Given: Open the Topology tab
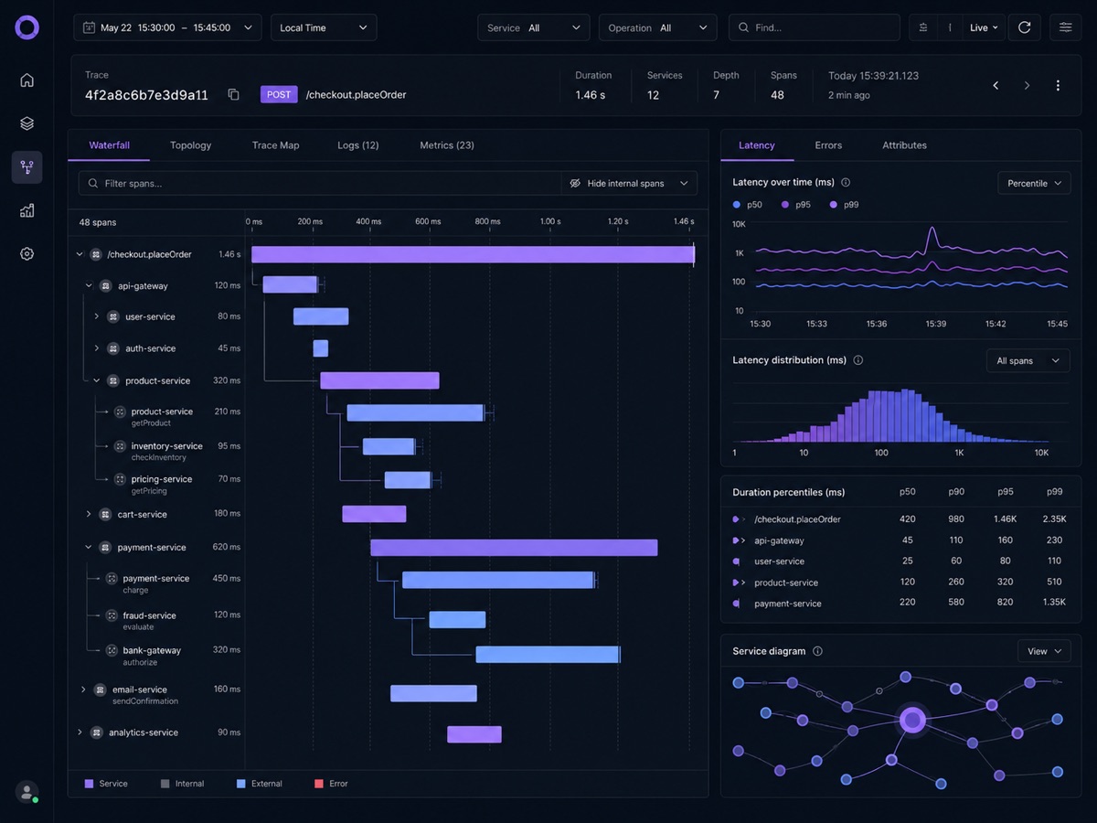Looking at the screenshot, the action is [x=190, y=145].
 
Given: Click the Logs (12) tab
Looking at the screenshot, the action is [x=357, y=145].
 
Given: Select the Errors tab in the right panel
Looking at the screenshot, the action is [x=828, y=145].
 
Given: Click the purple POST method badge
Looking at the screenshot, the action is [x=279, y=94].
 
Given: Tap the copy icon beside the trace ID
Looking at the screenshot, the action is [x=233, y=94].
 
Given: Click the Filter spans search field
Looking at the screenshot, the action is [x=320, y=184].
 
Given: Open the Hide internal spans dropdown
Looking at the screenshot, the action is [x=629, y=184].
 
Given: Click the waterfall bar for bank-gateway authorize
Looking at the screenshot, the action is [x=548, y=655].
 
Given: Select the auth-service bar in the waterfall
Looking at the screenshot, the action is [x=320, y=348].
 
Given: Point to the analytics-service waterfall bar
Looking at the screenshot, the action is [x=474, y=734].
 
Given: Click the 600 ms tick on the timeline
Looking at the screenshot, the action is [x=428, y=221].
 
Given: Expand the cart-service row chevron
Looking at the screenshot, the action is [x=89, y=514].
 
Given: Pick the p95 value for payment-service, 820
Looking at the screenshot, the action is [x=1005, y=602].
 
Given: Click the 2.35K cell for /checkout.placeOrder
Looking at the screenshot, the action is [x=1054, y=519].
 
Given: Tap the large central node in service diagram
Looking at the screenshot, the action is [x=912, y=720].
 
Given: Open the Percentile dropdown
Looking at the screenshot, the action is [x=1034, y=184].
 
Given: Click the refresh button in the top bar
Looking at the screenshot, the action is [x=1024, y=27].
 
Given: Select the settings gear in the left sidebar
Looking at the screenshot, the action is [x=27, y=254].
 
